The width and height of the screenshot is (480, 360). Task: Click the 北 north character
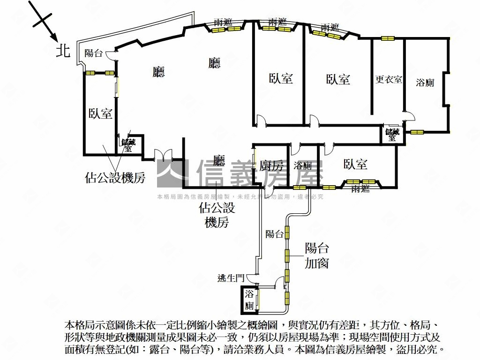[63, 51]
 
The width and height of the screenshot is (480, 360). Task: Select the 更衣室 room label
[389, 79]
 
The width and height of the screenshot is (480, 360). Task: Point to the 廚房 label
[271, 165]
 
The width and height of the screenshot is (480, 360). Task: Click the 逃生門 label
[231, 277]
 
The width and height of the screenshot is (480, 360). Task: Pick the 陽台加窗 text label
[316, 255]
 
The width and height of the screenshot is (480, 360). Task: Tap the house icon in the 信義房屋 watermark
[172, 173]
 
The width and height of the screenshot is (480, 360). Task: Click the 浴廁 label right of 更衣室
[425, 83]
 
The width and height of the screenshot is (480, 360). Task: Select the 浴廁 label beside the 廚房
[302, 165]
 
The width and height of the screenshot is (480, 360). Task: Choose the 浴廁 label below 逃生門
[249, 300]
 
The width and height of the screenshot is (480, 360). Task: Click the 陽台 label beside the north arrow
[93, 53]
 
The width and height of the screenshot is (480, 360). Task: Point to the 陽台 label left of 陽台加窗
[274, 234]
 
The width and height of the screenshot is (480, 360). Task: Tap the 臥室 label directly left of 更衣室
[338, 79]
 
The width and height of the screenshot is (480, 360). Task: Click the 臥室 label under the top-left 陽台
[100, 113]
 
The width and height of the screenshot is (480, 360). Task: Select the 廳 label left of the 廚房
[219, 161]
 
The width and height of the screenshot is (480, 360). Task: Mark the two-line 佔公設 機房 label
[217, 215]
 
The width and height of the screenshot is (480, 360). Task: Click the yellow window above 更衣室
[388, 38]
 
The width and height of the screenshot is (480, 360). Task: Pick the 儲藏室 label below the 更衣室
[390, 135]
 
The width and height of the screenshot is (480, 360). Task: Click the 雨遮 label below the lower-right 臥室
[360, 189]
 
